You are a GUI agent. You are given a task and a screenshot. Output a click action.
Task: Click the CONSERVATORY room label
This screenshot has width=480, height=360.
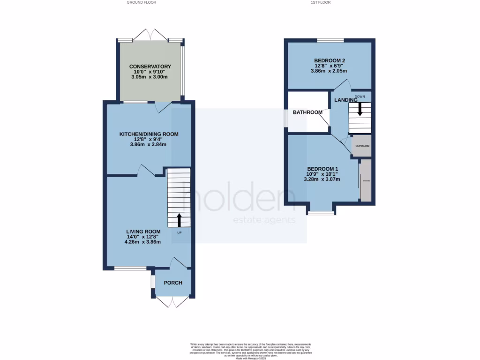tap(150, 67)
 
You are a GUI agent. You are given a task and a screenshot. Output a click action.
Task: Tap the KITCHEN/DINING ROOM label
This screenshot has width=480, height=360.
tap(149, 134)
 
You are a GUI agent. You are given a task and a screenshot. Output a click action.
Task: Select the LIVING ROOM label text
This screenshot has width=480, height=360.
tap(143, 232)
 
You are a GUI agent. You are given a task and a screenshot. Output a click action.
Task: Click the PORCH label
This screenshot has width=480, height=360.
tap(172, 283)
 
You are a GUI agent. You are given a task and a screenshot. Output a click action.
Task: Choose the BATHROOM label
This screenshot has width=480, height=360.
tap(307, 112)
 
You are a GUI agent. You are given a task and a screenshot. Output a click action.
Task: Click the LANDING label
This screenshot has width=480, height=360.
tap(345, 100)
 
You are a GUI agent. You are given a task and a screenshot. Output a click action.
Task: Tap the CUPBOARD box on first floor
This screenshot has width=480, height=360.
tap(362, 146)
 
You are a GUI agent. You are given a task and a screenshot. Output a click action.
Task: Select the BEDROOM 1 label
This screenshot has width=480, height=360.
tap(322, 169)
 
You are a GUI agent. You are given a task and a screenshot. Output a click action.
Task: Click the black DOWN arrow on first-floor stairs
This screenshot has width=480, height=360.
tap(360, 110)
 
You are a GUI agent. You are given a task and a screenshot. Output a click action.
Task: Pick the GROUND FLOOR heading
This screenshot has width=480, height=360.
tap(141, 2)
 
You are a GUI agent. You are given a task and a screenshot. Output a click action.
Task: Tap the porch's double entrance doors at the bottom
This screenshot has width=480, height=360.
tap(172, 302)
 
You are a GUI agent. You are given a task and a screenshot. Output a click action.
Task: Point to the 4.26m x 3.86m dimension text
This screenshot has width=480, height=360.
tap(143, 242)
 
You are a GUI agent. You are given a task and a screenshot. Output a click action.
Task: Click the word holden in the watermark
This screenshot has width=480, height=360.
tap(239, 201)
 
